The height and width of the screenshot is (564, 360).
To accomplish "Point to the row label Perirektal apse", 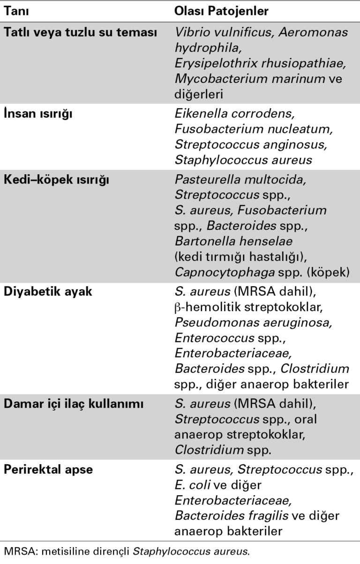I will coord(50,472).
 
